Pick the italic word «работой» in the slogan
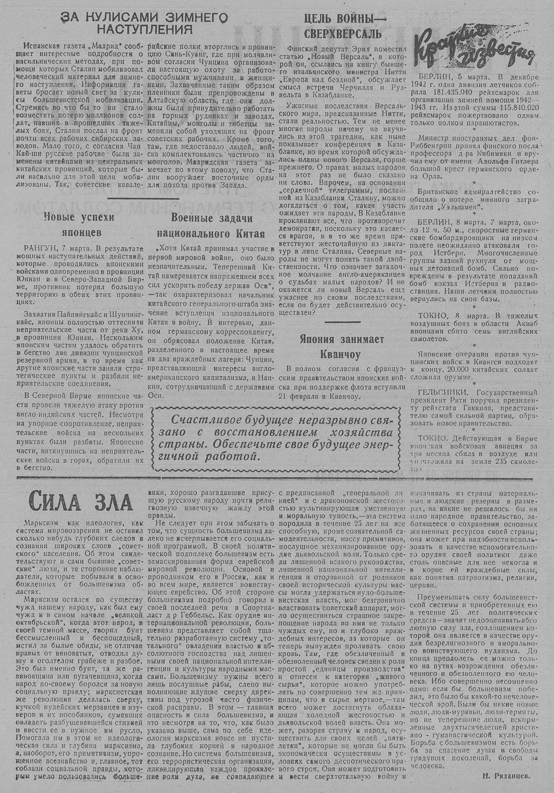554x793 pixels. click(x=235, y=457)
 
